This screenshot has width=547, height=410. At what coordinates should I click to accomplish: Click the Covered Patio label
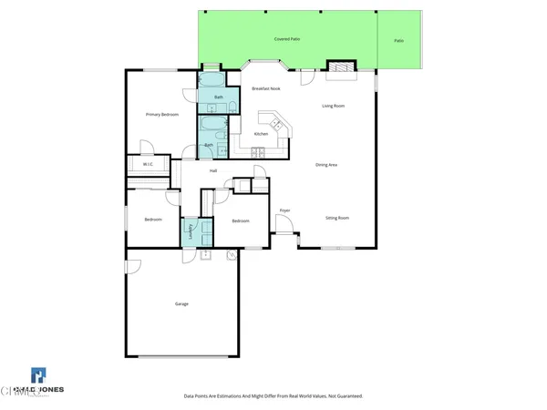point(288,40)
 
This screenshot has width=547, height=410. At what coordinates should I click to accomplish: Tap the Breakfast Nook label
point(265,87)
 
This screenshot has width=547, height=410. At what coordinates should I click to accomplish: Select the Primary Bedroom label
point(161,115)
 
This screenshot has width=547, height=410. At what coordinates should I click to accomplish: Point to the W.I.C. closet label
point(148,164)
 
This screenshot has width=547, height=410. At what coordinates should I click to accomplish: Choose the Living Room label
point(333,107)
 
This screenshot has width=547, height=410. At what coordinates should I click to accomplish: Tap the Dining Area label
point(326,165)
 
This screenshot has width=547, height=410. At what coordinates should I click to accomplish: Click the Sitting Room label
point(337,218)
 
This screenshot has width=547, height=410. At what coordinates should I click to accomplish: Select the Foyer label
point(284,210)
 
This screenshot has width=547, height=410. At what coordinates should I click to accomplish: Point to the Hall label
point(213,170)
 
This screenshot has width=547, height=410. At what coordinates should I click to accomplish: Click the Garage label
point(181,303)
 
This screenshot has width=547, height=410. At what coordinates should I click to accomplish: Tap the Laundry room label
point(191,232)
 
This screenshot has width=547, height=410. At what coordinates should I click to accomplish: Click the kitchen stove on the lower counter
point(260,151)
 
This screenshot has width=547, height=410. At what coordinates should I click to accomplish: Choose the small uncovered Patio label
point(399,41)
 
